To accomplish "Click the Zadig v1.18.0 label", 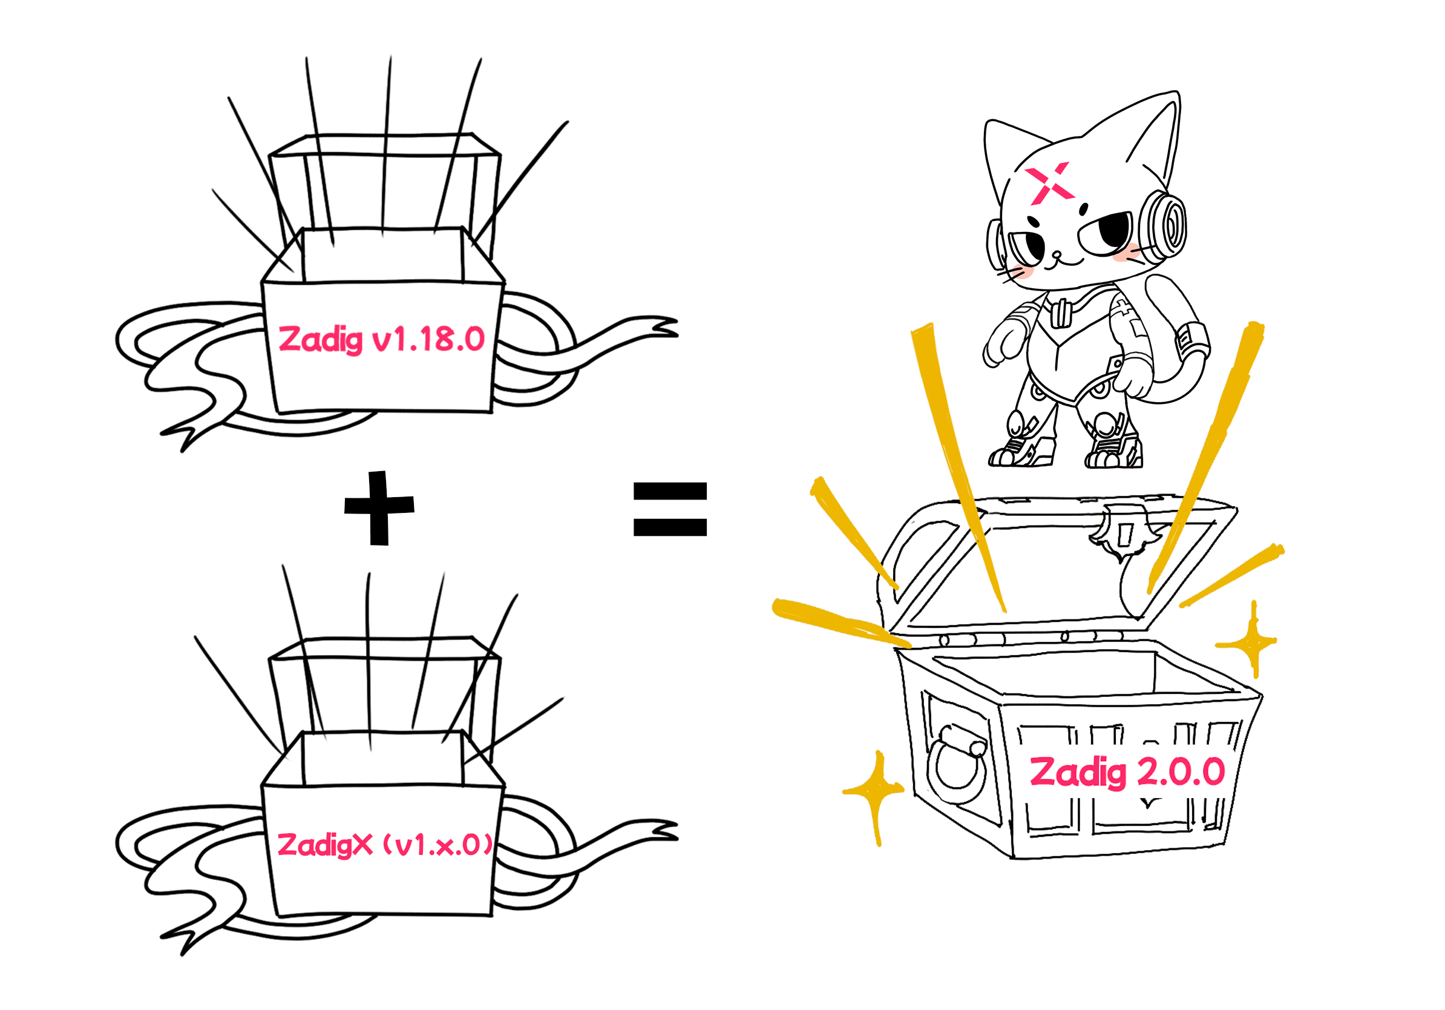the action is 381,340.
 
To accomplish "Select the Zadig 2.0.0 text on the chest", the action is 1127,773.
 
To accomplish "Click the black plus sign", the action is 379,507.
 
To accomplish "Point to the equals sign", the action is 670,509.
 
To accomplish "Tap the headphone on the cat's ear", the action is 1162,225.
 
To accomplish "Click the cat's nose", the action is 1057,254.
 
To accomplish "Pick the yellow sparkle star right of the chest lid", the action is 1254,642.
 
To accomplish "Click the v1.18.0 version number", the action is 428,340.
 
